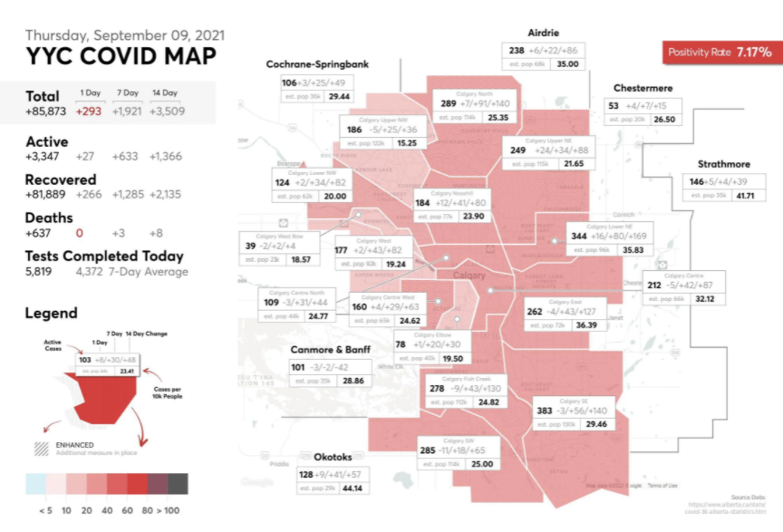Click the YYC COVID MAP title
click(x=121, y=56)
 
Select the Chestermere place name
click(x=643, y=88)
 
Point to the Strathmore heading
click(x=723, y=164)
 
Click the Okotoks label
click(x=332, y=457)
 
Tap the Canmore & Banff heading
click(x=330, y=350)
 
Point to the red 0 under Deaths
click(x=80, y=233)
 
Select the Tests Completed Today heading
click(x=104, y=256)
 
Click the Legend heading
click(x=52, y=313)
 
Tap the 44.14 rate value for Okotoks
click(x=351, y=488)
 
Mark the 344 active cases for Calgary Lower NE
click(x=580, y=236)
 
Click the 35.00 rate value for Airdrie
click(x=567, y=64)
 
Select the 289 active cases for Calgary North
click(x=449, y=103)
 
